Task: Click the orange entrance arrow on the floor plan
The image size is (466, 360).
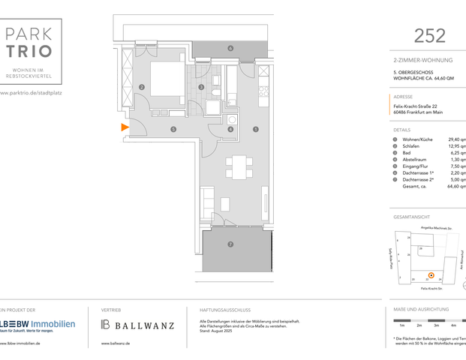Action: tap(125, 128)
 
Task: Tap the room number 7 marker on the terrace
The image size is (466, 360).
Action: tap(230, 244)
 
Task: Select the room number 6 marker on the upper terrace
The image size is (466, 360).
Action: tap(230, 49)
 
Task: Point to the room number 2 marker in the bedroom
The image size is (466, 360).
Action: tap(141, 87)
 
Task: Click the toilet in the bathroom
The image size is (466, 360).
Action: tap(215, 93)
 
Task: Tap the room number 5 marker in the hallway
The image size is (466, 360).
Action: tap(173, 130)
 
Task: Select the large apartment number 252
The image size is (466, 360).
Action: tap(430, 35)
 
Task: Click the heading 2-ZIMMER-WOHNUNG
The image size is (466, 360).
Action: tap(423, 58)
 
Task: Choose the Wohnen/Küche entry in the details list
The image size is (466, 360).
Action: tap(418, 139)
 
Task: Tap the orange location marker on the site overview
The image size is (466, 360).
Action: tap(431, 275)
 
